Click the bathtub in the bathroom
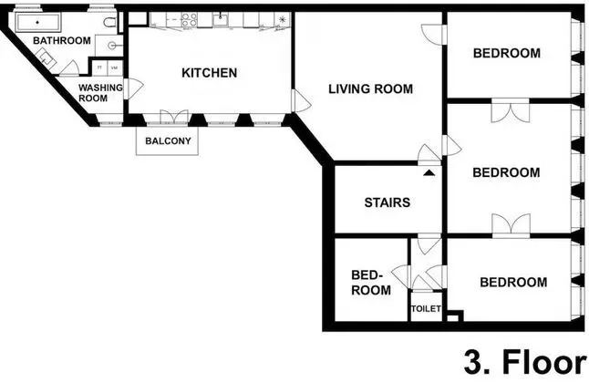pos(37,23)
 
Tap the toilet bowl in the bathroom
pos(109,23)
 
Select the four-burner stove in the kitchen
pos(190,19)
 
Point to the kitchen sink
pos(220,19)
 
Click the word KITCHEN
pos(209,73)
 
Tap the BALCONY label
pos(168,141)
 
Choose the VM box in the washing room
pos(115,67)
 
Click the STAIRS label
pos(387,202)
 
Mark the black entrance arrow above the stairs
pos(429,173)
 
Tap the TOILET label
pos(426,308)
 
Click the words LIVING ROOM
pos(371,89)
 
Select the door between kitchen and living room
pos(301,100)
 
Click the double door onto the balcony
pos(174,117)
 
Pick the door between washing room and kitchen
pos(132,88)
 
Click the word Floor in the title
pos(543,362)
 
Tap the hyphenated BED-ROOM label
pos(371,283)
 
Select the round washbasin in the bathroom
pos(111,46)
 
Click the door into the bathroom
pos(69,67)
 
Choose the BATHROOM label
pos(62,41)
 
